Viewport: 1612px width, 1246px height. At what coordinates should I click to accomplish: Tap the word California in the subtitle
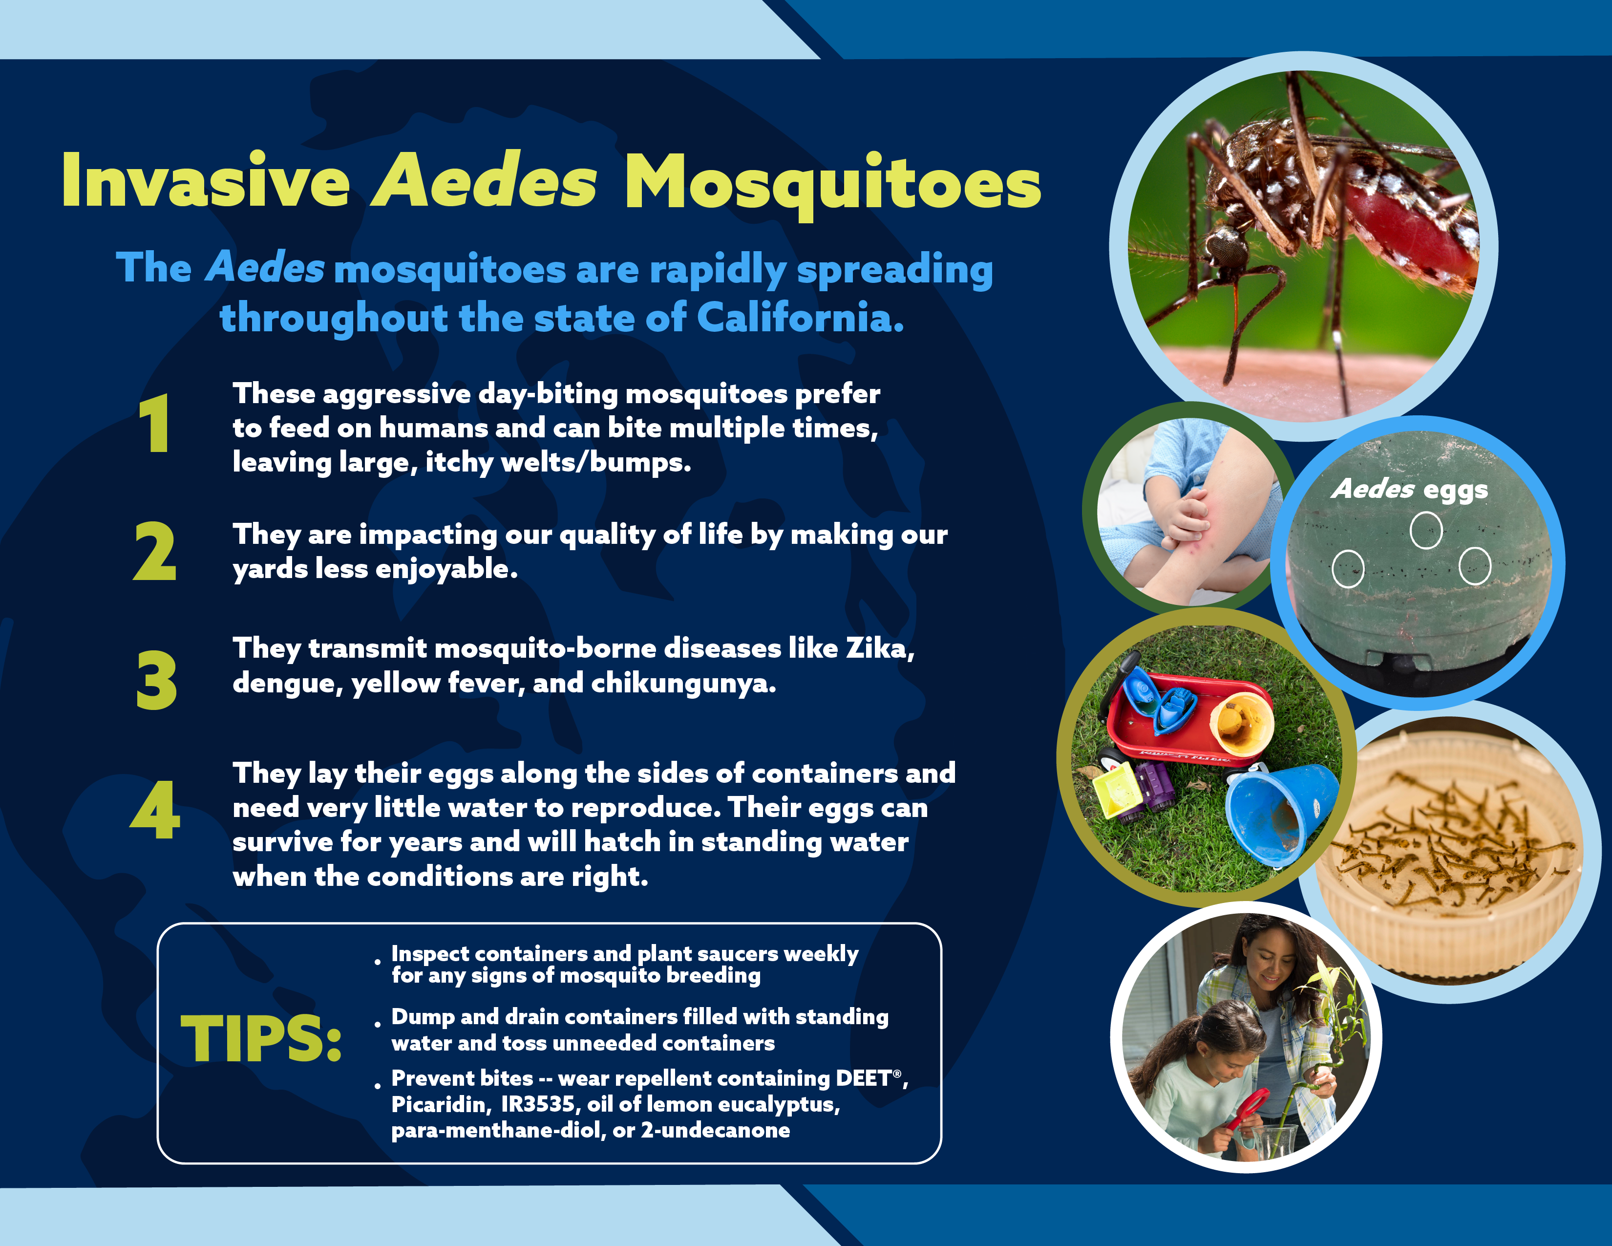point(800,318)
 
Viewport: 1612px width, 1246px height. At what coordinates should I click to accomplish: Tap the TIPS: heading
point(261,1039)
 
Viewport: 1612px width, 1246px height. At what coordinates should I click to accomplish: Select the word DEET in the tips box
point(864,1078)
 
